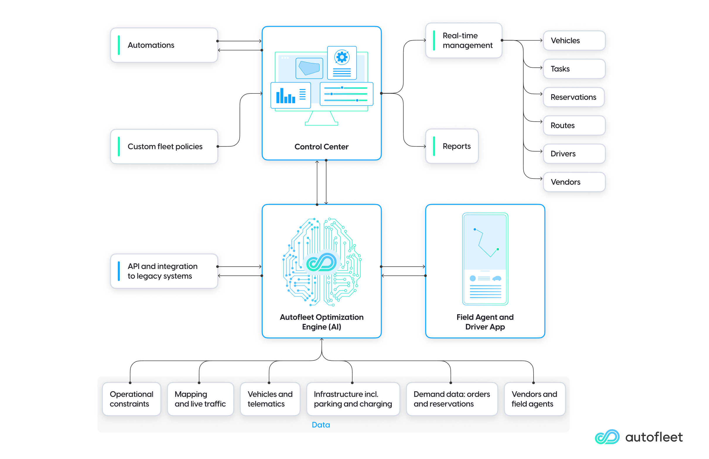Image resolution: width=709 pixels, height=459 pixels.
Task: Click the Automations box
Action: pos(164,45)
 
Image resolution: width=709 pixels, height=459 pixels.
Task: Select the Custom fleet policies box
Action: pos(164,146)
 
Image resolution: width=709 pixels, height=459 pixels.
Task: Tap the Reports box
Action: pos(452,146)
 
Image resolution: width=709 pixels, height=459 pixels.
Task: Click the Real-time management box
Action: pos(464,40)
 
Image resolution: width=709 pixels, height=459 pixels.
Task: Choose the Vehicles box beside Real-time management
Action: pos(574,40)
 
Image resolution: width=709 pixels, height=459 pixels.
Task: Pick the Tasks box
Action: pos(574,69)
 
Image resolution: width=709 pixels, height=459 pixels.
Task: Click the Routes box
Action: pos(574,125)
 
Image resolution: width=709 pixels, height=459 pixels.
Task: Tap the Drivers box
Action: pos(574,154)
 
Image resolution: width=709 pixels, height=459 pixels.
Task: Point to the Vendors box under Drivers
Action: pos(574,182)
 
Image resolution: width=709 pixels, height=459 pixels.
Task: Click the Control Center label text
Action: pos(321,147)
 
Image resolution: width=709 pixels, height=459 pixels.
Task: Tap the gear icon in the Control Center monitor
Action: pos(342,57)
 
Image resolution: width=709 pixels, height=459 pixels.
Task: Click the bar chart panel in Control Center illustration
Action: pos(290,95)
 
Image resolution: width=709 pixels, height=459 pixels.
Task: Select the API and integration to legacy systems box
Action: pos(164,271)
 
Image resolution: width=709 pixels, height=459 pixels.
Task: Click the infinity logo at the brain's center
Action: pos(321,262)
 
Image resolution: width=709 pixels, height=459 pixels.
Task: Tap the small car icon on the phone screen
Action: pos(497,278)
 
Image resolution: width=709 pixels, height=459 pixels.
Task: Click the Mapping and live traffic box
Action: pos(200,399)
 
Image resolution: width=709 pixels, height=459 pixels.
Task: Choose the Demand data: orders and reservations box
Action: pos(451,399)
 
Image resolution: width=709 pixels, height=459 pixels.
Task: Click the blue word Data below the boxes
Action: pos(321,425)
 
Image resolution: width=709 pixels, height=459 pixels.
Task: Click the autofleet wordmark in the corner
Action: pos(654,437)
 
